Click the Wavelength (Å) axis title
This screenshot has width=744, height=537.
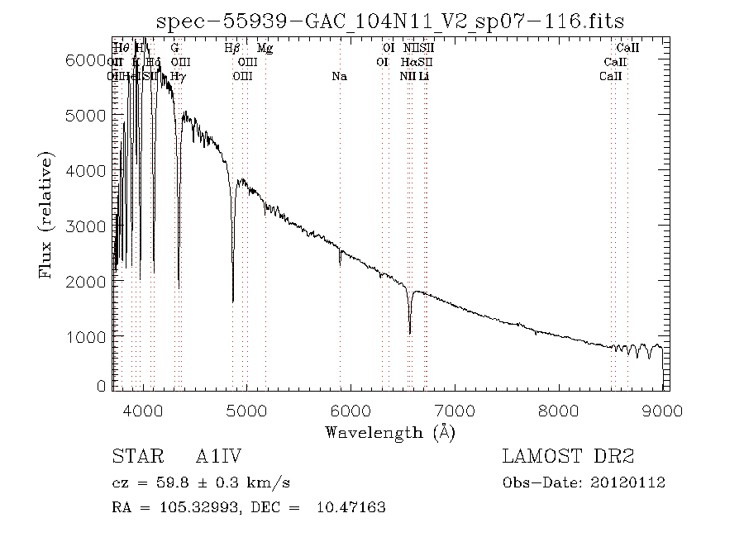click(x=390, y=432)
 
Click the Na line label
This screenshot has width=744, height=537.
click(x=339, y=76)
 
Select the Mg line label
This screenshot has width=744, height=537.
click(x=265, y=49)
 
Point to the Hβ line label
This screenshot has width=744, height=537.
click(x=232, y=49)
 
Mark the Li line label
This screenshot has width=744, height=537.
click(x=424, y=76)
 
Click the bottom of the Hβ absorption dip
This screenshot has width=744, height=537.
click(x=233, y=301)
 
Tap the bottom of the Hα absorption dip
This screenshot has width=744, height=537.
click(x=410, y=333)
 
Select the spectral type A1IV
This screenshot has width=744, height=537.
click(x=217, y=457)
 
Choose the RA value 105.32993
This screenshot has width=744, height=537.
click(x=191, y=507)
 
